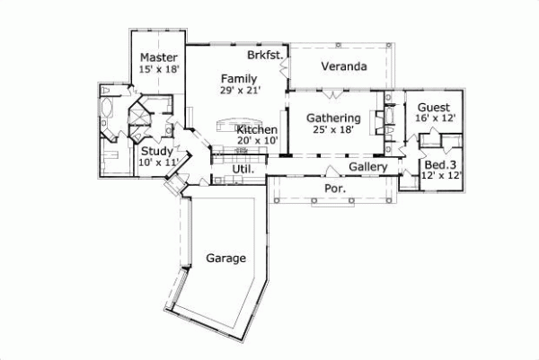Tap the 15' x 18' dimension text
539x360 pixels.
tap(160, 69)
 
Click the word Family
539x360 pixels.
tap(238, 78)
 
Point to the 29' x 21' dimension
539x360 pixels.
tap(238, 90)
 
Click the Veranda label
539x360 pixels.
tap(344, 67)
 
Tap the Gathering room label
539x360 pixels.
tap(333, 118)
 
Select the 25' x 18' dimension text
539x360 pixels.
tap(333, 129)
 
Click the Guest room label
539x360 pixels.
tap(433, 107)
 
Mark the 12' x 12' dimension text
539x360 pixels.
tap(440, 176)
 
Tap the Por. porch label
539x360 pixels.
tap(333, 189)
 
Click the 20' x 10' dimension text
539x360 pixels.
tap(257, 141)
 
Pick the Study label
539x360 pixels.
tap(157, 152)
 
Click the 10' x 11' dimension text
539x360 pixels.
tap(158, 162)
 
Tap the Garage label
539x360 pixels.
tap(225, 258)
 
